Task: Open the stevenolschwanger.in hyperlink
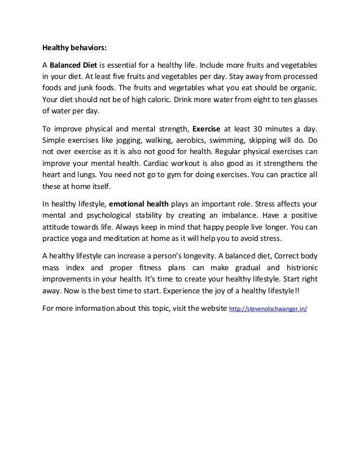[267, 310]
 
